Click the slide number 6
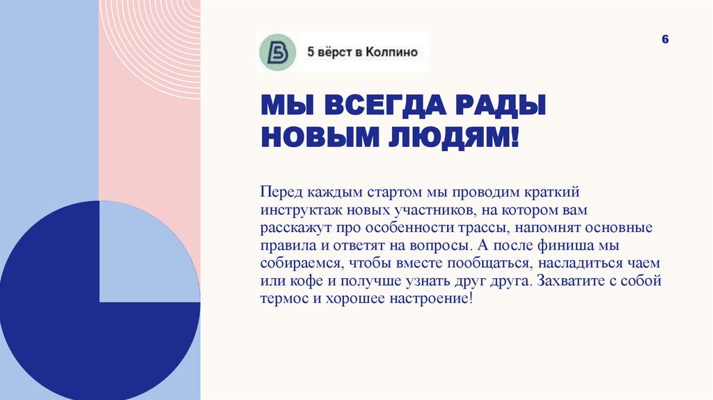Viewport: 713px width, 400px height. coord(665,40)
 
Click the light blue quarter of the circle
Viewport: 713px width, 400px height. coord(150,252)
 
